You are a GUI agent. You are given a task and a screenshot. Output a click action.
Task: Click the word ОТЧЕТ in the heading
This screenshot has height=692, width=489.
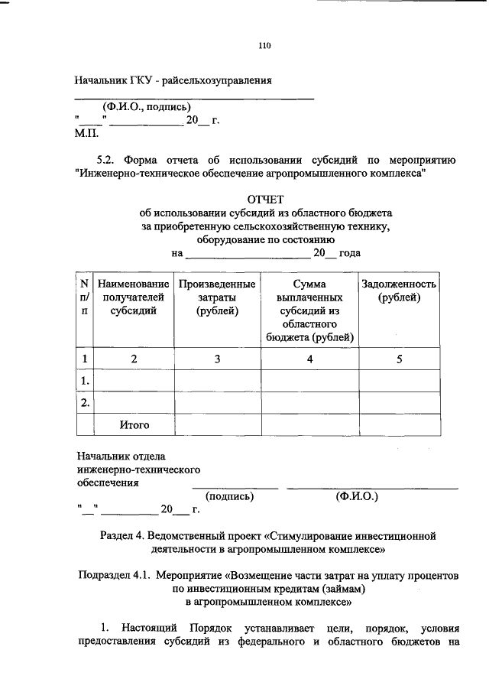pyautogui.click(x=265, y=200)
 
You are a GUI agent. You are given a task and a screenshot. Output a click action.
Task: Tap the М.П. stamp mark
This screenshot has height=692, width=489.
pyautogui.click(x=83, y=132)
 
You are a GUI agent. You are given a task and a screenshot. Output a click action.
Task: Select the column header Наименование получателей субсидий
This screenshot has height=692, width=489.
pyautogui.click(x=133, y=297)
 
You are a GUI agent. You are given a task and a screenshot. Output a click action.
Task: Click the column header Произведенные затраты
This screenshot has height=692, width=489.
pyautogui.click(x=217, y=297)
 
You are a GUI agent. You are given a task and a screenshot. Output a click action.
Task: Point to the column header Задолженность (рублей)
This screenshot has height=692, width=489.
pyautogui.click(x=400, y=291)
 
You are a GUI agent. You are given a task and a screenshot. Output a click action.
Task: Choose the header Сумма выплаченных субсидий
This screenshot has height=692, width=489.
pyautogui.click(x=310, y=310)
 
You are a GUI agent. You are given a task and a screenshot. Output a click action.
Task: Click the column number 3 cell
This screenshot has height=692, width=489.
pyautogui.click(x=217, y=358)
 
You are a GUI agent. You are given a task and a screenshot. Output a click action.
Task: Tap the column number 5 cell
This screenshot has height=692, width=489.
pyautogui.click(x=400, y=358)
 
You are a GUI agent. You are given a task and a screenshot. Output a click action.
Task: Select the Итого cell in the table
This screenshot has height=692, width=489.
pyautogui.click(x=133, y=424)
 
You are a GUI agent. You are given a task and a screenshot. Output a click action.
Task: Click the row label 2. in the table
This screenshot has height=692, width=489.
pyautogui.click(x=84, y=402)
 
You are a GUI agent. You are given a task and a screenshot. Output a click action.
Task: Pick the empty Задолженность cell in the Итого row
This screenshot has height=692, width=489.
pyautogui.click(x=400, y=424)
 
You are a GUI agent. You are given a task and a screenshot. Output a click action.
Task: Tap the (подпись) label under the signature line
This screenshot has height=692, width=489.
pyautogui.click(x=230, y=496)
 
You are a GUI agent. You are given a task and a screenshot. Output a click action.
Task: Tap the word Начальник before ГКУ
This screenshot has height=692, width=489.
pyautogui.click(x=101, y=80)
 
